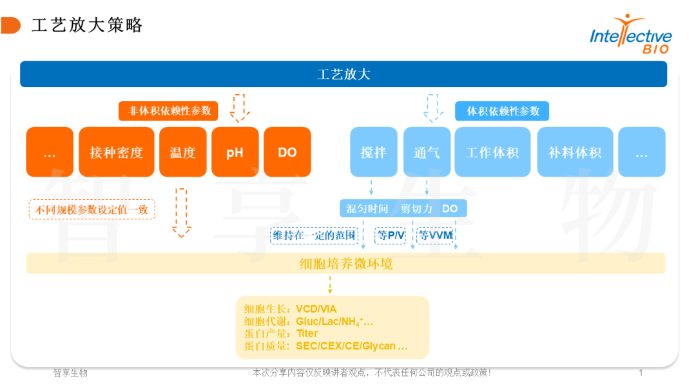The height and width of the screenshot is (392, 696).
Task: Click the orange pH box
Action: (235, 152)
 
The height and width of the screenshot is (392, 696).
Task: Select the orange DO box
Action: (287, 152)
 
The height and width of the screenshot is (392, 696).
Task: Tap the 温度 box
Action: (182, 152)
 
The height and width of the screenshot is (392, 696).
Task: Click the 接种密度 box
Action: (117, 152)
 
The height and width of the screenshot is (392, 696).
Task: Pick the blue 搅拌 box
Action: (374, 152)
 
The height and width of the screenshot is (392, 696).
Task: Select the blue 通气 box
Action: (427, 152)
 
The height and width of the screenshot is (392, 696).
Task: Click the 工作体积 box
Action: (492, 152)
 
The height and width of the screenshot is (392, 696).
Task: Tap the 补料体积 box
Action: (575, 152)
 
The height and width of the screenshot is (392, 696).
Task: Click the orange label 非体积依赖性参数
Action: (169, 111)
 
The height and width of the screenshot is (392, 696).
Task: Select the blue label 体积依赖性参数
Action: (503, 111)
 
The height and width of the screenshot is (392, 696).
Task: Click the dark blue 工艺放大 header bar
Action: (343, 74)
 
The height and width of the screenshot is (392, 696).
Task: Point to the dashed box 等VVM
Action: (436, 236)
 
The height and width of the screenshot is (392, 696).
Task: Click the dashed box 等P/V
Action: (390, 236)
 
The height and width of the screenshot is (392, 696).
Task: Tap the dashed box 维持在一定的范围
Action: (314, 236)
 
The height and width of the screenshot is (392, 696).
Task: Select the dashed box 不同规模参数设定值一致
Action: (92, 210)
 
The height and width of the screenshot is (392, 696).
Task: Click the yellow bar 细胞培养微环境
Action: (346, 264)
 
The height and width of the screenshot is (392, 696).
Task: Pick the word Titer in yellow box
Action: (307, 333)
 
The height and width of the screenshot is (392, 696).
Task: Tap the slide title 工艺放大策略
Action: (87, 25)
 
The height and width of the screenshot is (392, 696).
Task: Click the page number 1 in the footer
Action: (640, 373)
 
